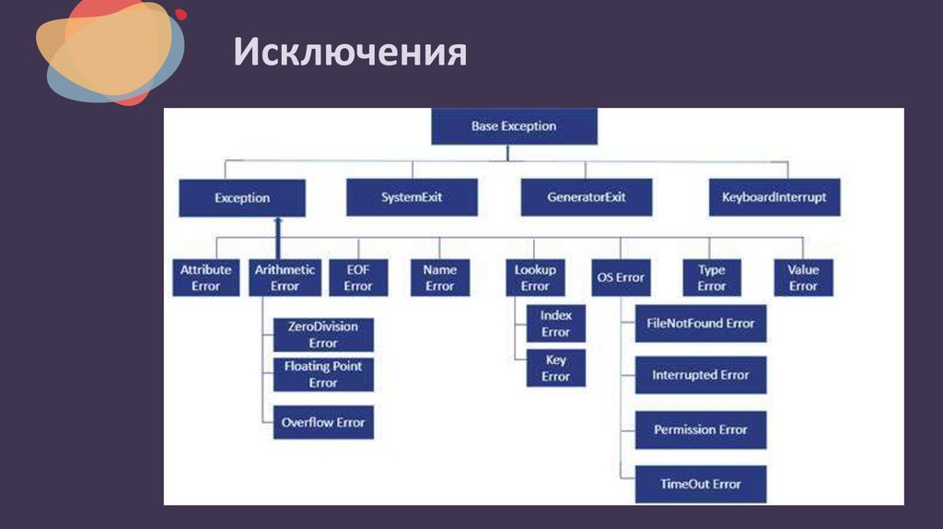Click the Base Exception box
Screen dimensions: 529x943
514,126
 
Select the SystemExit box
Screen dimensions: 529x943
412,197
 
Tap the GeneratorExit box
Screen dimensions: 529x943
587,197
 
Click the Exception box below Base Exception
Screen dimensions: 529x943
242,198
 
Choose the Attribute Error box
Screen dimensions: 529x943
205,277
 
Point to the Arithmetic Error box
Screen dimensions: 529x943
285,277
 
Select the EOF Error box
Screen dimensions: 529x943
358,277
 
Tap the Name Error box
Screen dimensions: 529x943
439,277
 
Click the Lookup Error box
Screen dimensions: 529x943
535,277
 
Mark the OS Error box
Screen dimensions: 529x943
619,277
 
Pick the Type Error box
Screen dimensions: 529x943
711,277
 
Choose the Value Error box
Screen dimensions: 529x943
803,277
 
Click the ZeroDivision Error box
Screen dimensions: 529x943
323,335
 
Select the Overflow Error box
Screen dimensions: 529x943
323,422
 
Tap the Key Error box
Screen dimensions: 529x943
555,368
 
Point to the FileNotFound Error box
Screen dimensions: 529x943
701,323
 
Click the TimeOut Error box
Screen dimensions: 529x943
701,484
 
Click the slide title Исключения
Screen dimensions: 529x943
350,53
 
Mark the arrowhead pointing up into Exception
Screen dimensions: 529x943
277,224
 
